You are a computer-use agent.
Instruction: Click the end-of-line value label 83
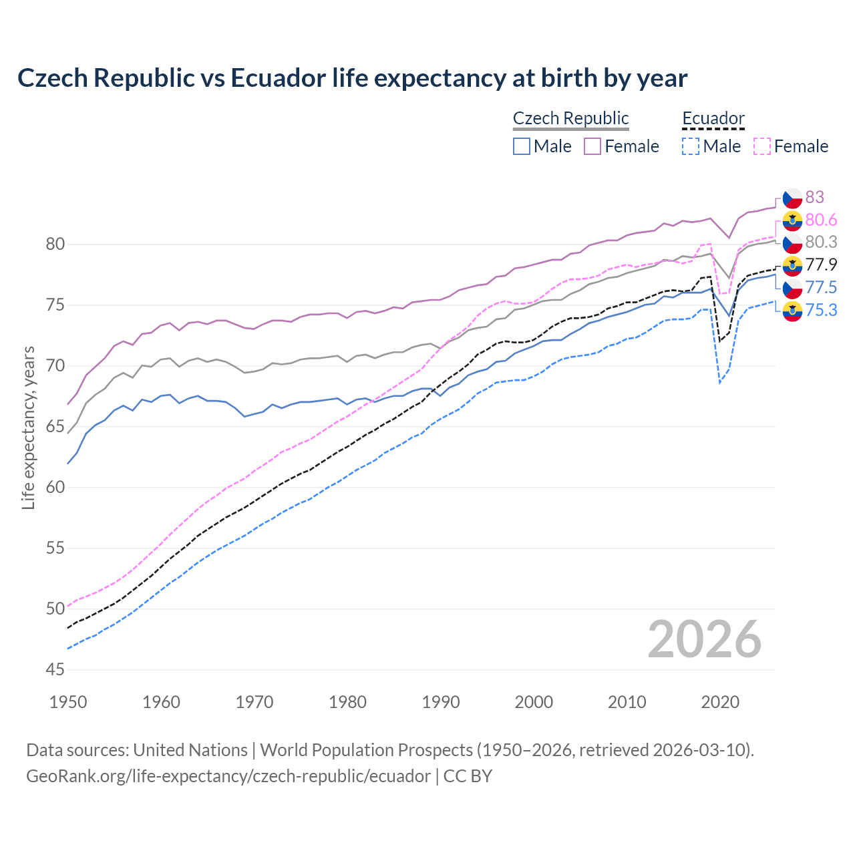click(814, 197)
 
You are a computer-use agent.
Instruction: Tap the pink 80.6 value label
click(821, 220)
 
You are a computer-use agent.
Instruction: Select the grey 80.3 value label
click(821, 242)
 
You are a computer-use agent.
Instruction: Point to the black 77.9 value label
click(821, 265)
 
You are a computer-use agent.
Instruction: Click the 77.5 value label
click(821, 287)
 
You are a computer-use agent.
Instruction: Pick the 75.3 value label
click(821, 310)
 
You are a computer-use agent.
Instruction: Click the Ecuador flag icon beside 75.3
click(792, 311)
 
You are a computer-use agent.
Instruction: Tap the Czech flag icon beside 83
click(792, 198)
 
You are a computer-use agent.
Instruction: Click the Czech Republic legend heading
click(570, 118)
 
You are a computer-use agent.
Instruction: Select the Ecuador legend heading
click(713, 118)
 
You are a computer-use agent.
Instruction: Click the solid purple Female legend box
click(592, 146)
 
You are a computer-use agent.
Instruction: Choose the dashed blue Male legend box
click(691, 146)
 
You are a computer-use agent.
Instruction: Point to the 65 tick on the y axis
click(55, 427)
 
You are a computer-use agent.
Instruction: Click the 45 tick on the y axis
click(55, 670)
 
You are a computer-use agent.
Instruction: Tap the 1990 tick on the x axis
click(441, 702)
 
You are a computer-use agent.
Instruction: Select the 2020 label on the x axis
click(720, 702)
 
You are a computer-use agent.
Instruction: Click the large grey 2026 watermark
click(704, 639)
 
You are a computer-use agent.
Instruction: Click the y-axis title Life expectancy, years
click(28, 427)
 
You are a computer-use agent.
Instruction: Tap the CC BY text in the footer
click(468, 776)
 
